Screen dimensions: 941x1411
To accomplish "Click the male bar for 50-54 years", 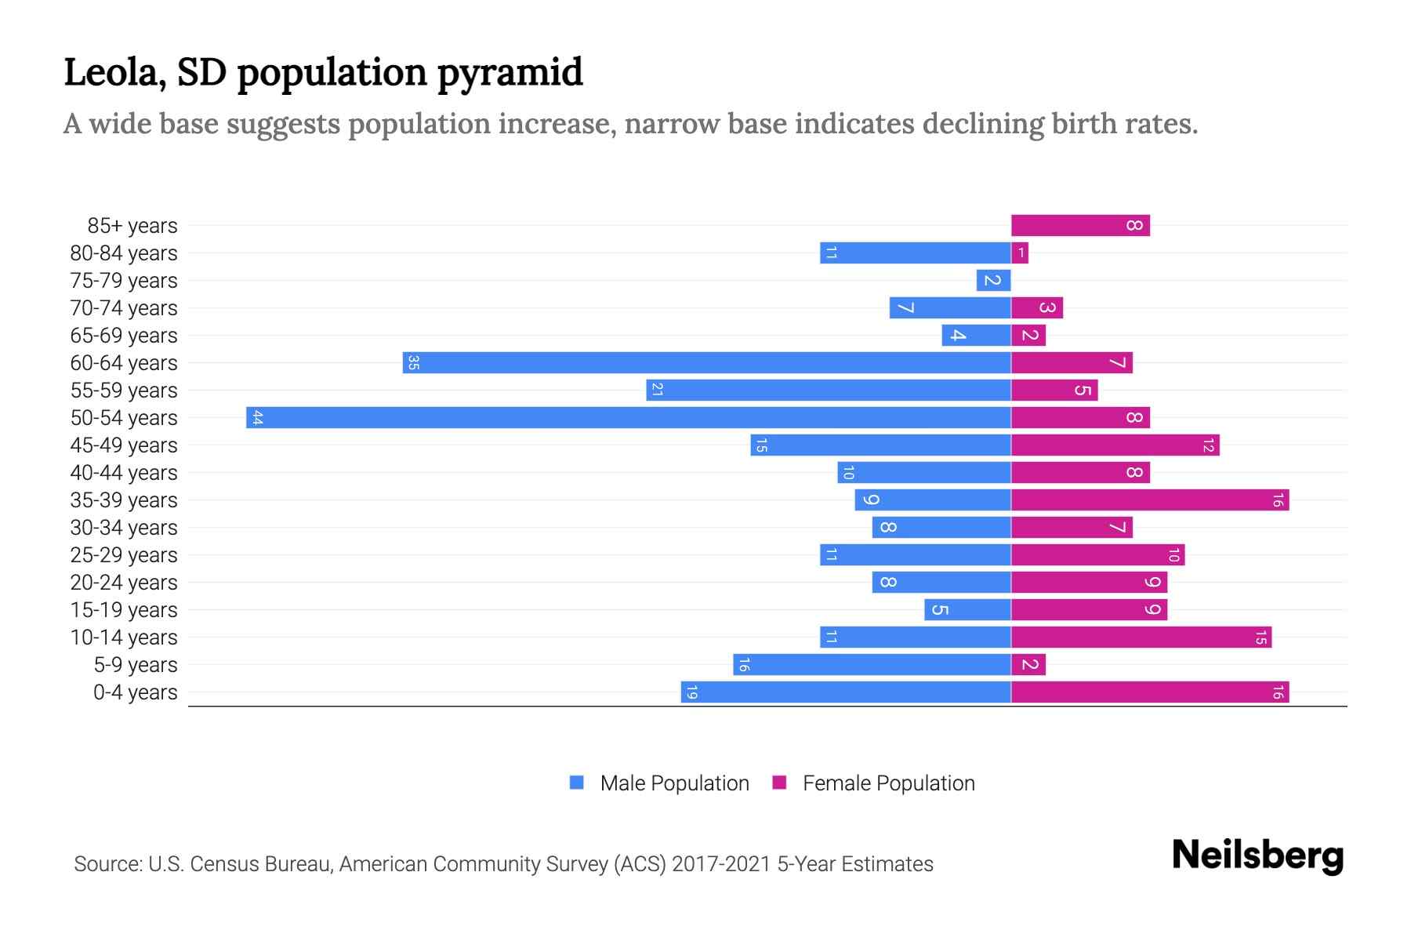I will click(x=627, y=417).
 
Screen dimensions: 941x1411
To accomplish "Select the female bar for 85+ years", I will click(x=1079, y=226).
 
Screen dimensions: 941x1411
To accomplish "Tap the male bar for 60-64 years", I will click(x=705, y=363).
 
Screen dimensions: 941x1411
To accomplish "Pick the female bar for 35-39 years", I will click(x=1149, y=500).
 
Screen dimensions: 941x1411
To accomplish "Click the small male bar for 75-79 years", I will click(x=993, y=281).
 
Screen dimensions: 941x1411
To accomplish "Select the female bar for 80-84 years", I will click(x=1020, y=253).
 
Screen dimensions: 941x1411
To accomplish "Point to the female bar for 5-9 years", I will click(x=1028, y=665).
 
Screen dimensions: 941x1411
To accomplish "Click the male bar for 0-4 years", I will click(x=845, y=692).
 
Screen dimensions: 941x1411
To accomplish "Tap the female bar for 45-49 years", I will click(x=1115, y=445).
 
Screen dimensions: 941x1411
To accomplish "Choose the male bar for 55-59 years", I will click(x=828, y=391).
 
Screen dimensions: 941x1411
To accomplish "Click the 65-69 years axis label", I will click(x=124, y=336).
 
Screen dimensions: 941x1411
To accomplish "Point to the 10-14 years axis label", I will click(x=124, y=638).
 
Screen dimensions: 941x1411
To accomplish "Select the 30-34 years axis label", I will click(x=124, y=528).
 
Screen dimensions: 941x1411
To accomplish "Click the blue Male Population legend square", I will click(x=577, y=783).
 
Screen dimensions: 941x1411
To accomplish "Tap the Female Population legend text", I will click(x=888, y=783).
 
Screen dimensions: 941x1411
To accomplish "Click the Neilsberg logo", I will click(x=1257, y=855).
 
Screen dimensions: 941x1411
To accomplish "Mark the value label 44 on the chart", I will click(x=257, y=418).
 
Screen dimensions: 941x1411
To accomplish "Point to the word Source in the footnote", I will click(x=107, y=864).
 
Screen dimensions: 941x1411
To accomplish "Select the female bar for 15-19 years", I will click(x=1088, y=610).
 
